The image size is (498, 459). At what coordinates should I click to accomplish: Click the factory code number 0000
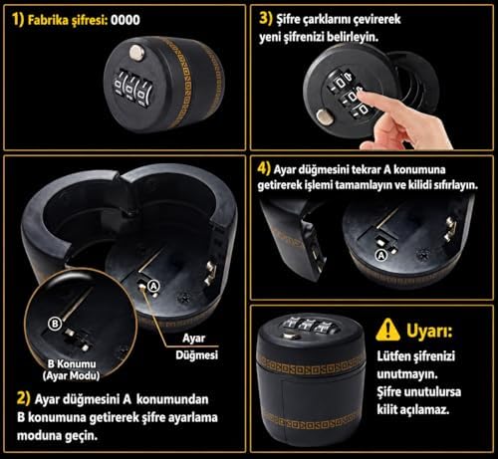[125, 20]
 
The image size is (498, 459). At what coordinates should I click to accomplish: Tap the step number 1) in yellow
[18, 20]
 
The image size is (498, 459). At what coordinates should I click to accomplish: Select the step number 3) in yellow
[266, 18]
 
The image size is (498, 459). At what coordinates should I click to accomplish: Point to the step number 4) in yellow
[264, 168]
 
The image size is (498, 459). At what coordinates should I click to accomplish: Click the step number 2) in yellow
[23, 398]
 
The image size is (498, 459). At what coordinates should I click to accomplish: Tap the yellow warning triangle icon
[387, 330]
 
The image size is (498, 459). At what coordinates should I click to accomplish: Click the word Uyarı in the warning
[429, 331]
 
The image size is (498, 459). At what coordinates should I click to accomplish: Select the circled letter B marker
[55, 324]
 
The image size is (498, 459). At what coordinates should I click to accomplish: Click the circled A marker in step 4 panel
[381, 256]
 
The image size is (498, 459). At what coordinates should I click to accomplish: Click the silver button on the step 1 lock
[136, 53]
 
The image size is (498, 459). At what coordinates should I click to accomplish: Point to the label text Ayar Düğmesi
[196, 346]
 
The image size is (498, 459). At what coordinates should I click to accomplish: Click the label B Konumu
[72, 363]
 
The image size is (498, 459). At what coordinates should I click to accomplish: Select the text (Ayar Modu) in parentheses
[71, 375]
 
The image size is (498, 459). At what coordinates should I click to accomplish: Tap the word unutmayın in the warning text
[407, 374]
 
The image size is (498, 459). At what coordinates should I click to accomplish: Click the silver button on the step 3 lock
[324, 117]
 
